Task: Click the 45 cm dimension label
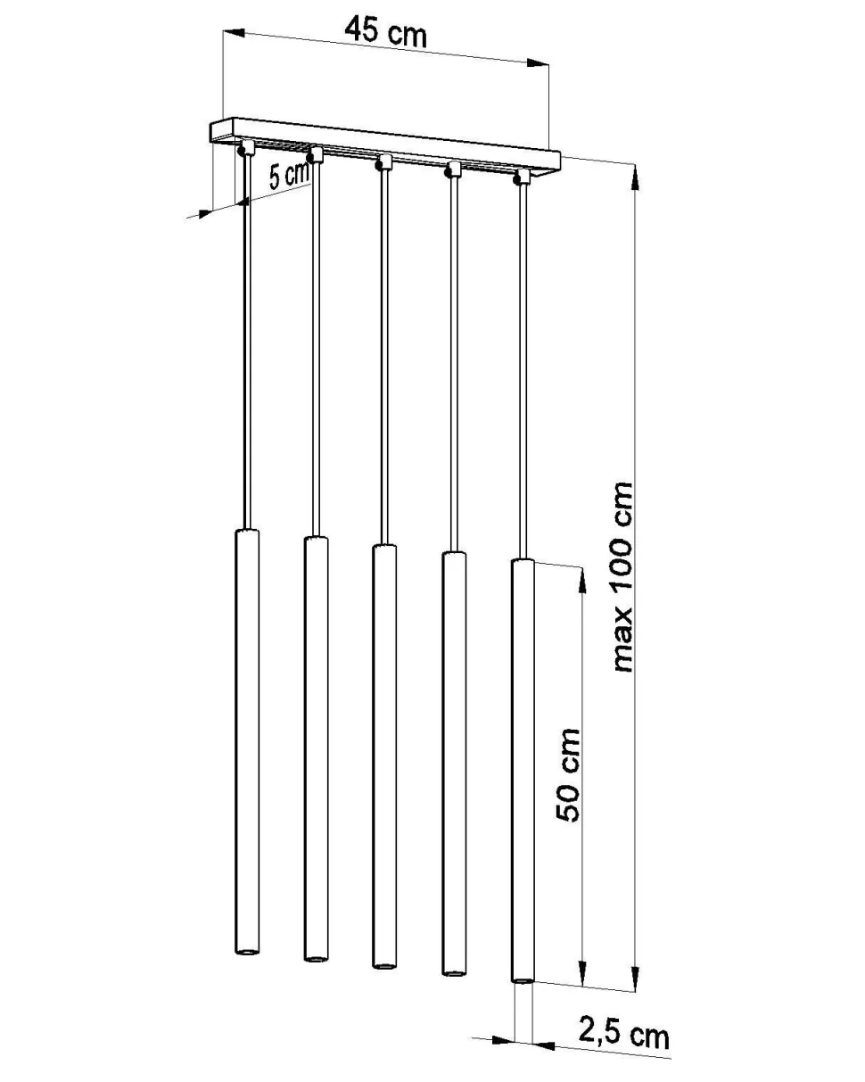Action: point(385,32)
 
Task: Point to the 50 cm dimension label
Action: point(568,774)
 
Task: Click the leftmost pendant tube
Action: point(247,740)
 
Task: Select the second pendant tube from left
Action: point(315,749)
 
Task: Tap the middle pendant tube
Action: point(383,758)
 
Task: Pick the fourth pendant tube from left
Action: point(453,767)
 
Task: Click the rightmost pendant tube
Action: point(523,772)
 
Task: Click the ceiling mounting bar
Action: point(383,143)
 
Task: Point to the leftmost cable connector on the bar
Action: point(245,147)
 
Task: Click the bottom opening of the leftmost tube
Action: point(247,954)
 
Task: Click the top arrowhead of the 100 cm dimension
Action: point(635,177)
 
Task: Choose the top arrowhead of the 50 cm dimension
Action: point(582,580)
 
